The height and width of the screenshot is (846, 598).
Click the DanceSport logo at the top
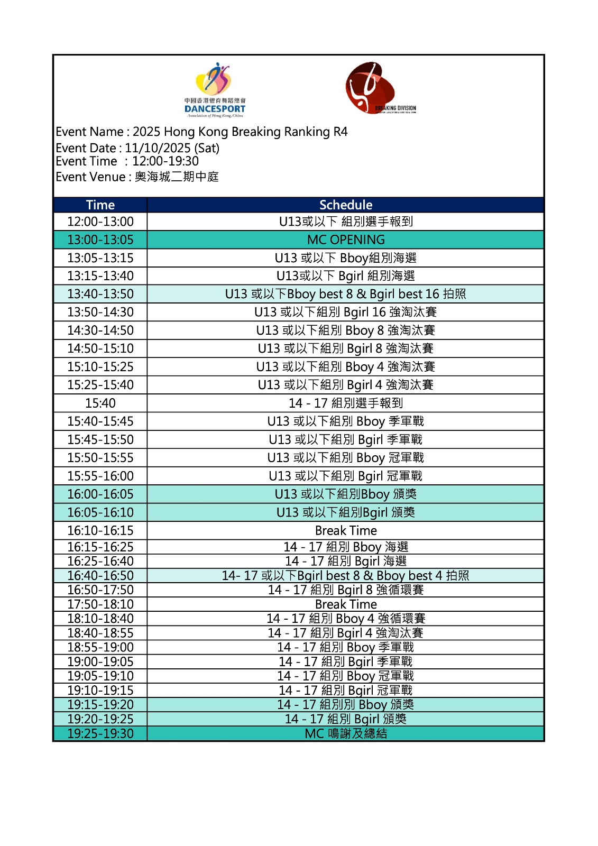(x=215, y=90)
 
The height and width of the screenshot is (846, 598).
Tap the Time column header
(x=100, y=205)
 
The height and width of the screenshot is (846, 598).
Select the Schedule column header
(x=346, y=205)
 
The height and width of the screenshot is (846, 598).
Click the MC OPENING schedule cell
(x=346, y=240)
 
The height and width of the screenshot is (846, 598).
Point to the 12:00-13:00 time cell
(x=100, y=222)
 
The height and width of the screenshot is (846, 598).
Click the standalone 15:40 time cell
(x=100, y=403)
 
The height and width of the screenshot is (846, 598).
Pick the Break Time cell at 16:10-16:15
(x=346, y=530)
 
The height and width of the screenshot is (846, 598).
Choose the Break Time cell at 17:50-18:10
(x=346, y=604)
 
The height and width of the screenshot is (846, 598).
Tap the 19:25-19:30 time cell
(x=100, y=733)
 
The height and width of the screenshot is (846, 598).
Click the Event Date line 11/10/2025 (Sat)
(x=137, y=148)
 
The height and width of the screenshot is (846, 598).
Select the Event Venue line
(x=137, y=177)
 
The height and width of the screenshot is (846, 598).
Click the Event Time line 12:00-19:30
(x=127, y=161)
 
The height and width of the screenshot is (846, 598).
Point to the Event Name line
(x=201, y=132)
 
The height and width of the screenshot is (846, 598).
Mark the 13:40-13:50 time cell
(x=100, y=294)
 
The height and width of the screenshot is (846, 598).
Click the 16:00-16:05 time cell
(x=100, y=494)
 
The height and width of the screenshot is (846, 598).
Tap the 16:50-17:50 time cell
(x=100, y=590)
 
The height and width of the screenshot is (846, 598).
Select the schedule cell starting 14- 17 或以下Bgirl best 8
(x=346, y=576)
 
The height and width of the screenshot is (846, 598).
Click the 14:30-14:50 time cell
(x=100, y=330)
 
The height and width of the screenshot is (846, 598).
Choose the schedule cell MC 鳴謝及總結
(x=346, y=733)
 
